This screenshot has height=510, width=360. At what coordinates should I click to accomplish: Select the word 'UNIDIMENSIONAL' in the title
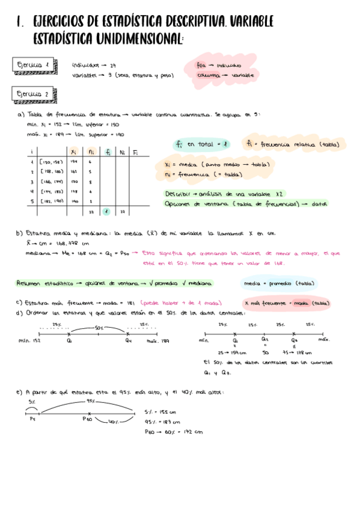point(136,39)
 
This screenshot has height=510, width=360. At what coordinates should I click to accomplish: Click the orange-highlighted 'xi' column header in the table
point(73,152)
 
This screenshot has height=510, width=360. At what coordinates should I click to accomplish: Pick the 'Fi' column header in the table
point(136,152)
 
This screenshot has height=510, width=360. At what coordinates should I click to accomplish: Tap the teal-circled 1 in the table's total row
point(106,211)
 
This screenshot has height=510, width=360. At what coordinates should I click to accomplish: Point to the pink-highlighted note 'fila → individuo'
point(218,65)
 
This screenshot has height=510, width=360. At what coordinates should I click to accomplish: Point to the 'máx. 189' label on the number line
point(158,341)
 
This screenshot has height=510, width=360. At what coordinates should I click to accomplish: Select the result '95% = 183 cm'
point(161,422)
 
